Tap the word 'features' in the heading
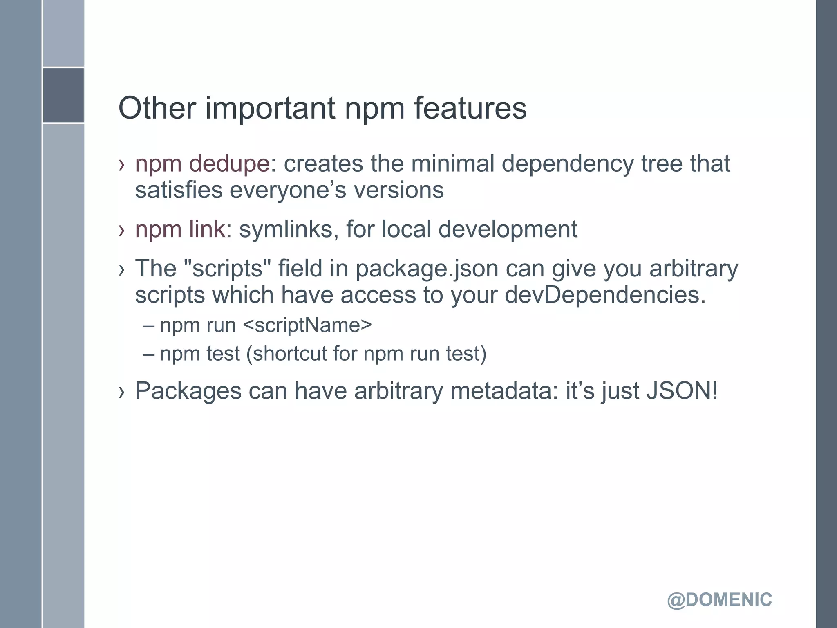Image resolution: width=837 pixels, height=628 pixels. [470, 108]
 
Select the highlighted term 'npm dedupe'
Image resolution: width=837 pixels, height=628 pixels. [202, 164]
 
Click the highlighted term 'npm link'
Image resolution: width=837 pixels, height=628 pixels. [180, 229]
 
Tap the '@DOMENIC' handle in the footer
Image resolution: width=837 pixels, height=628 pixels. [719, 600]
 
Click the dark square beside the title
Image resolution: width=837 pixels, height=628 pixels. [64, 95]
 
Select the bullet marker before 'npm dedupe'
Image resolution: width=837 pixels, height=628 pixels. [121, 165]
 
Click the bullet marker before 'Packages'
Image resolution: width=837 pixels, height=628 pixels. [121, 392]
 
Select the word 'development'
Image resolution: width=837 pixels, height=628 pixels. [508, 229]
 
